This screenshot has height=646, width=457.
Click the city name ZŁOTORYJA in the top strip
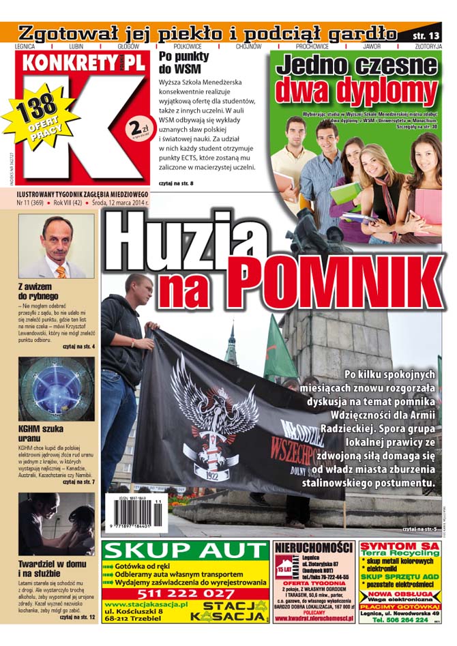pyautogui.click(x=428, y=46)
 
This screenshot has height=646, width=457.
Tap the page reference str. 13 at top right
pyautogui.click(x=428, y=33)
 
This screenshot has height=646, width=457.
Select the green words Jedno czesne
pyautogui.click(x=356, y=66)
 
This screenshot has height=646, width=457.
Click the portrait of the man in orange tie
pyautogui.click(x=57, y=246)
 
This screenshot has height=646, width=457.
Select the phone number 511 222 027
pyautogui.click(x=184, y=594)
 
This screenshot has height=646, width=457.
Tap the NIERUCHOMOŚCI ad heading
pyautogui.click(x=314, y=547)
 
